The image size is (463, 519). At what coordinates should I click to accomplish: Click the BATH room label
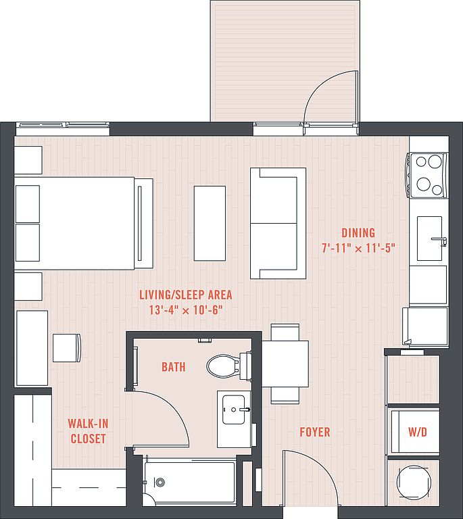pos(174,367)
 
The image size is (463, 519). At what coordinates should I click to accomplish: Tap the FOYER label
pos(315,432)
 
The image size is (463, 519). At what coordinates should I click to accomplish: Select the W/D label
pos(418,432)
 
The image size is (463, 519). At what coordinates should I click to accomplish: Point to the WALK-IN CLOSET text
pos(88,431)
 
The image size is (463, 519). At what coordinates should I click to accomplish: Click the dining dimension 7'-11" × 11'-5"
pos(359,248)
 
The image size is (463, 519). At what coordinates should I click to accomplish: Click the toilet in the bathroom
pos(229,366)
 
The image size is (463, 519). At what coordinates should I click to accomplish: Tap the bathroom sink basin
pos(234,410)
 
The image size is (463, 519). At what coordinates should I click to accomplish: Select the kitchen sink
pos(430,239)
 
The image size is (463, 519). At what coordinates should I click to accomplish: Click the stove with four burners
pos(427,176)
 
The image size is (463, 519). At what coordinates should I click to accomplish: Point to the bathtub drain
pos(160,482)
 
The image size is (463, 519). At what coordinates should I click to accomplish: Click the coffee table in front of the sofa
pos(210,224)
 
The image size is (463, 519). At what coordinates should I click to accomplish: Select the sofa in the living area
pos(278,224)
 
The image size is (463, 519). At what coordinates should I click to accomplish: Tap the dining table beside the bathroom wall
pos(285,364)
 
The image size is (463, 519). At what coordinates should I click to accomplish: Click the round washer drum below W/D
pos(414,483)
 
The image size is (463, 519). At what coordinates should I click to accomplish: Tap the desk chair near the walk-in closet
pos(67,347)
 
